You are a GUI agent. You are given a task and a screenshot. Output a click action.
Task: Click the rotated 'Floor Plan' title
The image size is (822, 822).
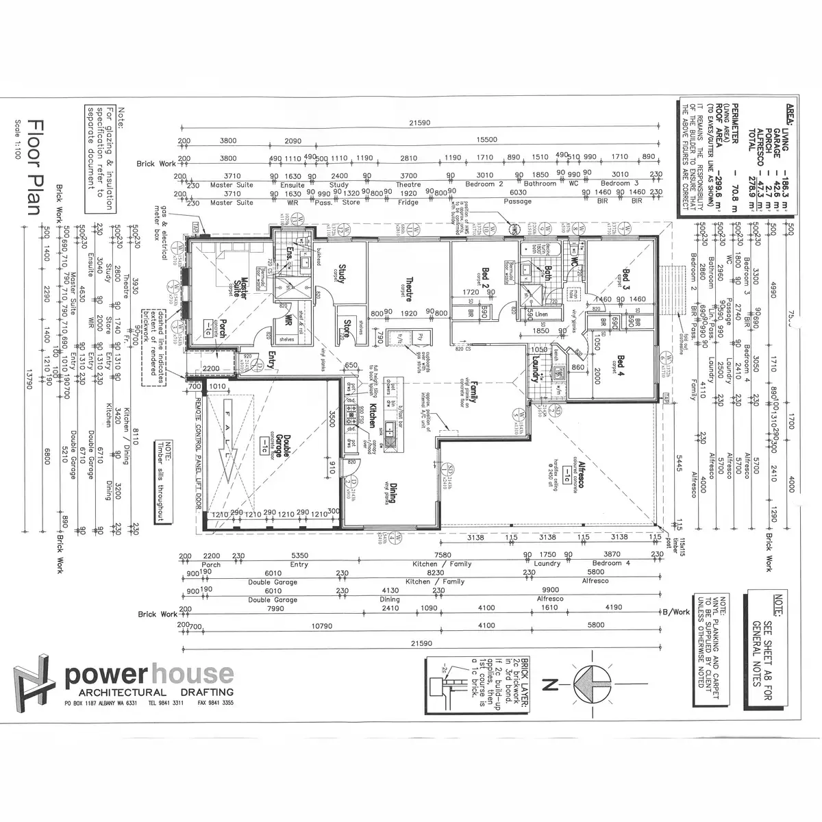click(35, 167)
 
